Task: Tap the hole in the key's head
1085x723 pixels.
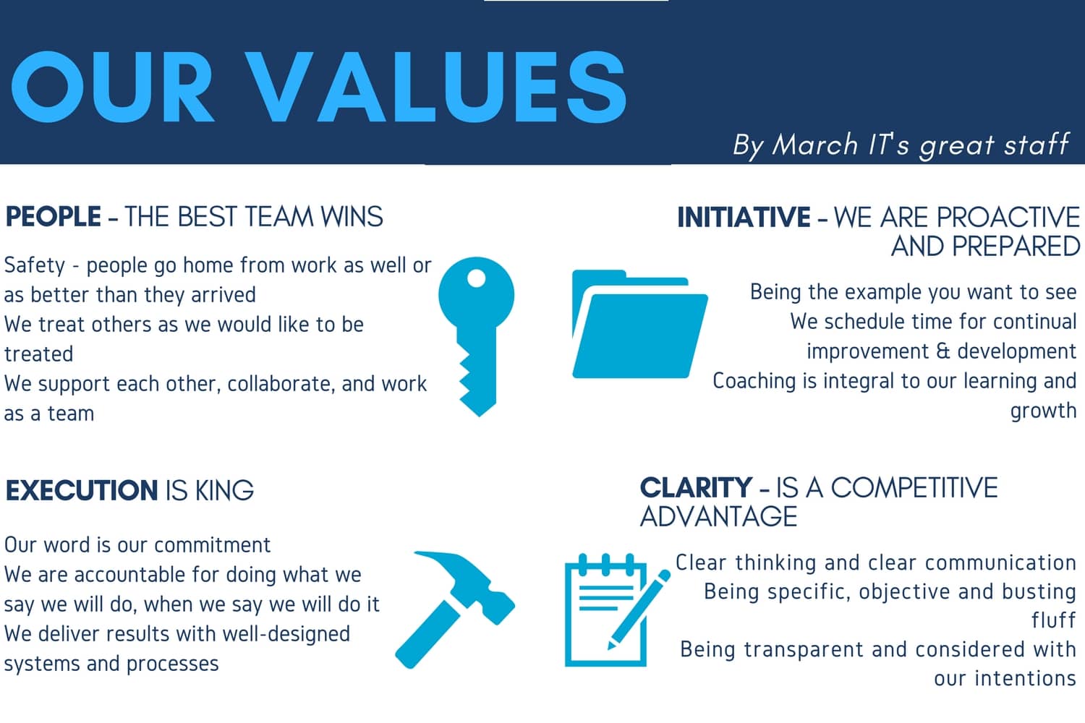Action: [x=477, y=278]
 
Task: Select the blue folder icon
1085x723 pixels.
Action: [x=639, y=323]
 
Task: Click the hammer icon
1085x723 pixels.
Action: [x=455, y=609]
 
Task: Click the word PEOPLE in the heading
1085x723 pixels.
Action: [x=54, y=216]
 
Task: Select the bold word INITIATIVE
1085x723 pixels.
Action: [x=744, y=217]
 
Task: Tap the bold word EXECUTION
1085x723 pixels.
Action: [x=81, y=490]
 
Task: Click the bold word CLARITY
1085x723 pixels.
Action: [x=696, y=487]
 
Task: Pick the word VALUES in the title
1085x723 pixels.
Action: [x=436, y=87]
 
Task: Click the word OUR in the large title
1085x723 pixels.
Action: [x=112, y=87]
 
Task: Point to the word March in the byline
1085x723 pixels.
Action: [x=814, y=145]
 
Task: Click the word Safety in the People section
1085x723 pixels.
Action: [x=35, y=266]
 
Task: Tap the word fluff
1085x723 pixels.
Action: [x=1053, y=620]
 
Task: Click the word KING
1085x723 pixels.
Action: [x=224, y=490]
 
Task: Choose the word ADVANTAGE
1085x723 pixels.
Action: [x=718, y=516]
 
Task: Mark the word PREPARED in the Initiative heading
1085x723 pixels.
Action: [x=1016, y=247]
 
